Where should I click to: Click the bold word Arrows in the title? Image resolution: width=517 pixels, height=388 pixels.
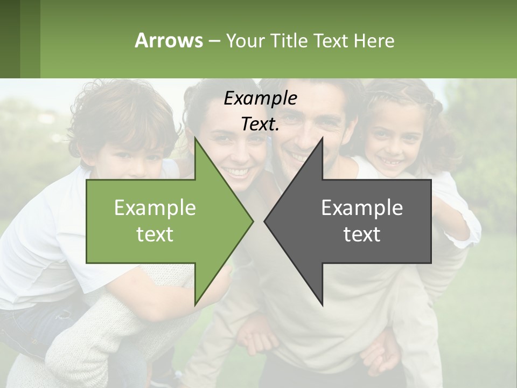pyautogui.click(x=169, y=40)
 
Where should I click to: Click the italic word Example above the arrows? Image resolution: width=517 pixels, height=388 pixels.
pyautogui.click(x=260, y=98)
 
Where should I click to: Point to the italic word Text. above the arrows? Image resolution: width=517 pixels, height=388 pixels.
pyautogui.click(x=260, y=124)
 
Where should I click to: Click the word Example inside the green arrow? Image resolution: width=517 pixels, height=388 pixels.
pyautogui.click(x=155, y=207)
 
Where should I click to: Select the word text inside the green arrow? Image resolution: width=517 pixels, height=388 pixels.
pyautogui.click(x=155, y=234)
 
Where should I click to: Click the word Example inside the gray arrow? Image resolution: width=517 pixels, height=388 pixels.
pyautogui.click(x=362, y=207)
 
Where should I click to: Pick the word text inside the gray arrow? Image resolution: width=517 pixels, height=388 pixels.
pyautogui.click(x=362, y=234)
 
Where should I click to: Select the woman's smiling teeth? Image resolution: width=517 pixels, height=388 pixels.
pyautogui.click(x=237, y=172)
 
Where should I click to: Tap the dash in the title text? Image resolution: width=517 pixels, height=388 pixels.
pyautogui.click(x=214, y=41)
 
